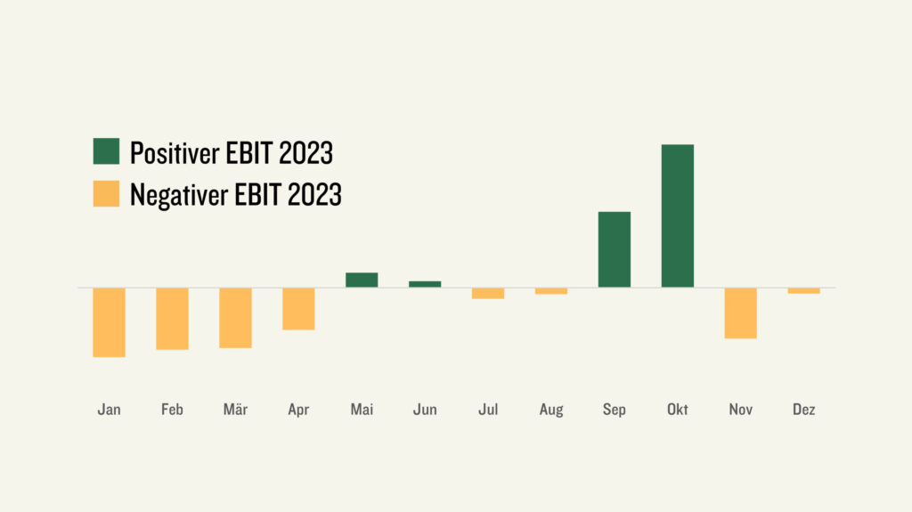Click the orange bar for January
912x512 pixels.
point(110,322)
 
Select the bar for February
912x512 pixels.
point(172,319)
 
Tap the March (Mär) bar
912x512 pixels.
point(235,318)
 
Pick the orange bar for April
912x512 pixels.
point(298,309)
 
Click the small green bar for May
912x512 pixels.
point(362,280)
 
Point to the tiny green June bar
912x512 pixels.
point(425,284)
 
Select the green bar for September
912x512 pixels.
point(615,249)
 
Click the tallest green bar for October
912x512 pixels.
point(678,215)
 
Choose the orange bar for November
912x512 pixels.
point(740,313)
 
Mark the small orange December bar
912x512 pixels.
point(804,291)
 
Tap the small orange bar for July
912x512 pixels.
point(488,293)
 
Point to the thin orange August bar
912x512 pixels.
point(551,291)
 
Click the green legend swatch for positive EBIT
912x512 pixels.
point(107,151)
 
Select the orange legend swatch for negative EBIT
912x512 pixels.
point(107,194)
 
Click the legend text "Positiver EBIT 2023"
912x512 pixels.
point(232,153)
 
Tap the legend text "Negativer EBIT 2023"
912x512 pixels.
point(235,195)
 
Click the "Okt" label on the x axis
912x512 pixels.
point(678,410)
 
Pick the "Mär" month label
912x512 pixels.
point(235,410)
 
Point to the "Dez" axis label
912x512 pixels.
point(804,410)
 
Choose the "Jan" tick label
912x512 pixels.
point(110,410)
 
